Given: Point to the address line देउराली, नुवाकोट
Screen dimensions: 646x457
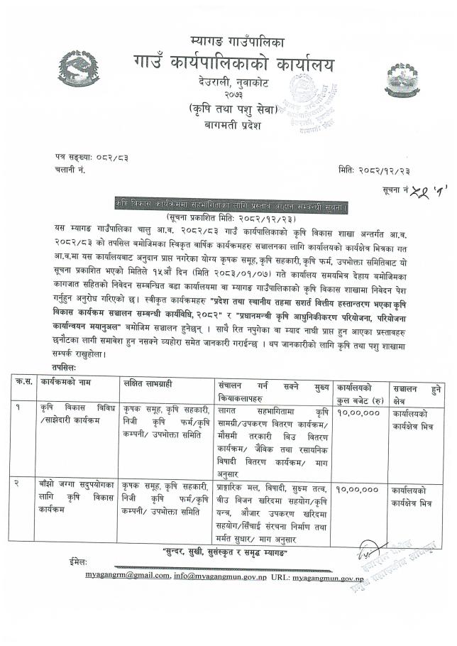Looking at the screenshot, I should point(228,83).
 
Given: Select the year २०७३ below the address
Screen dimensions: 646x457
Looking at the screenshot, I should point(228,94).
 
